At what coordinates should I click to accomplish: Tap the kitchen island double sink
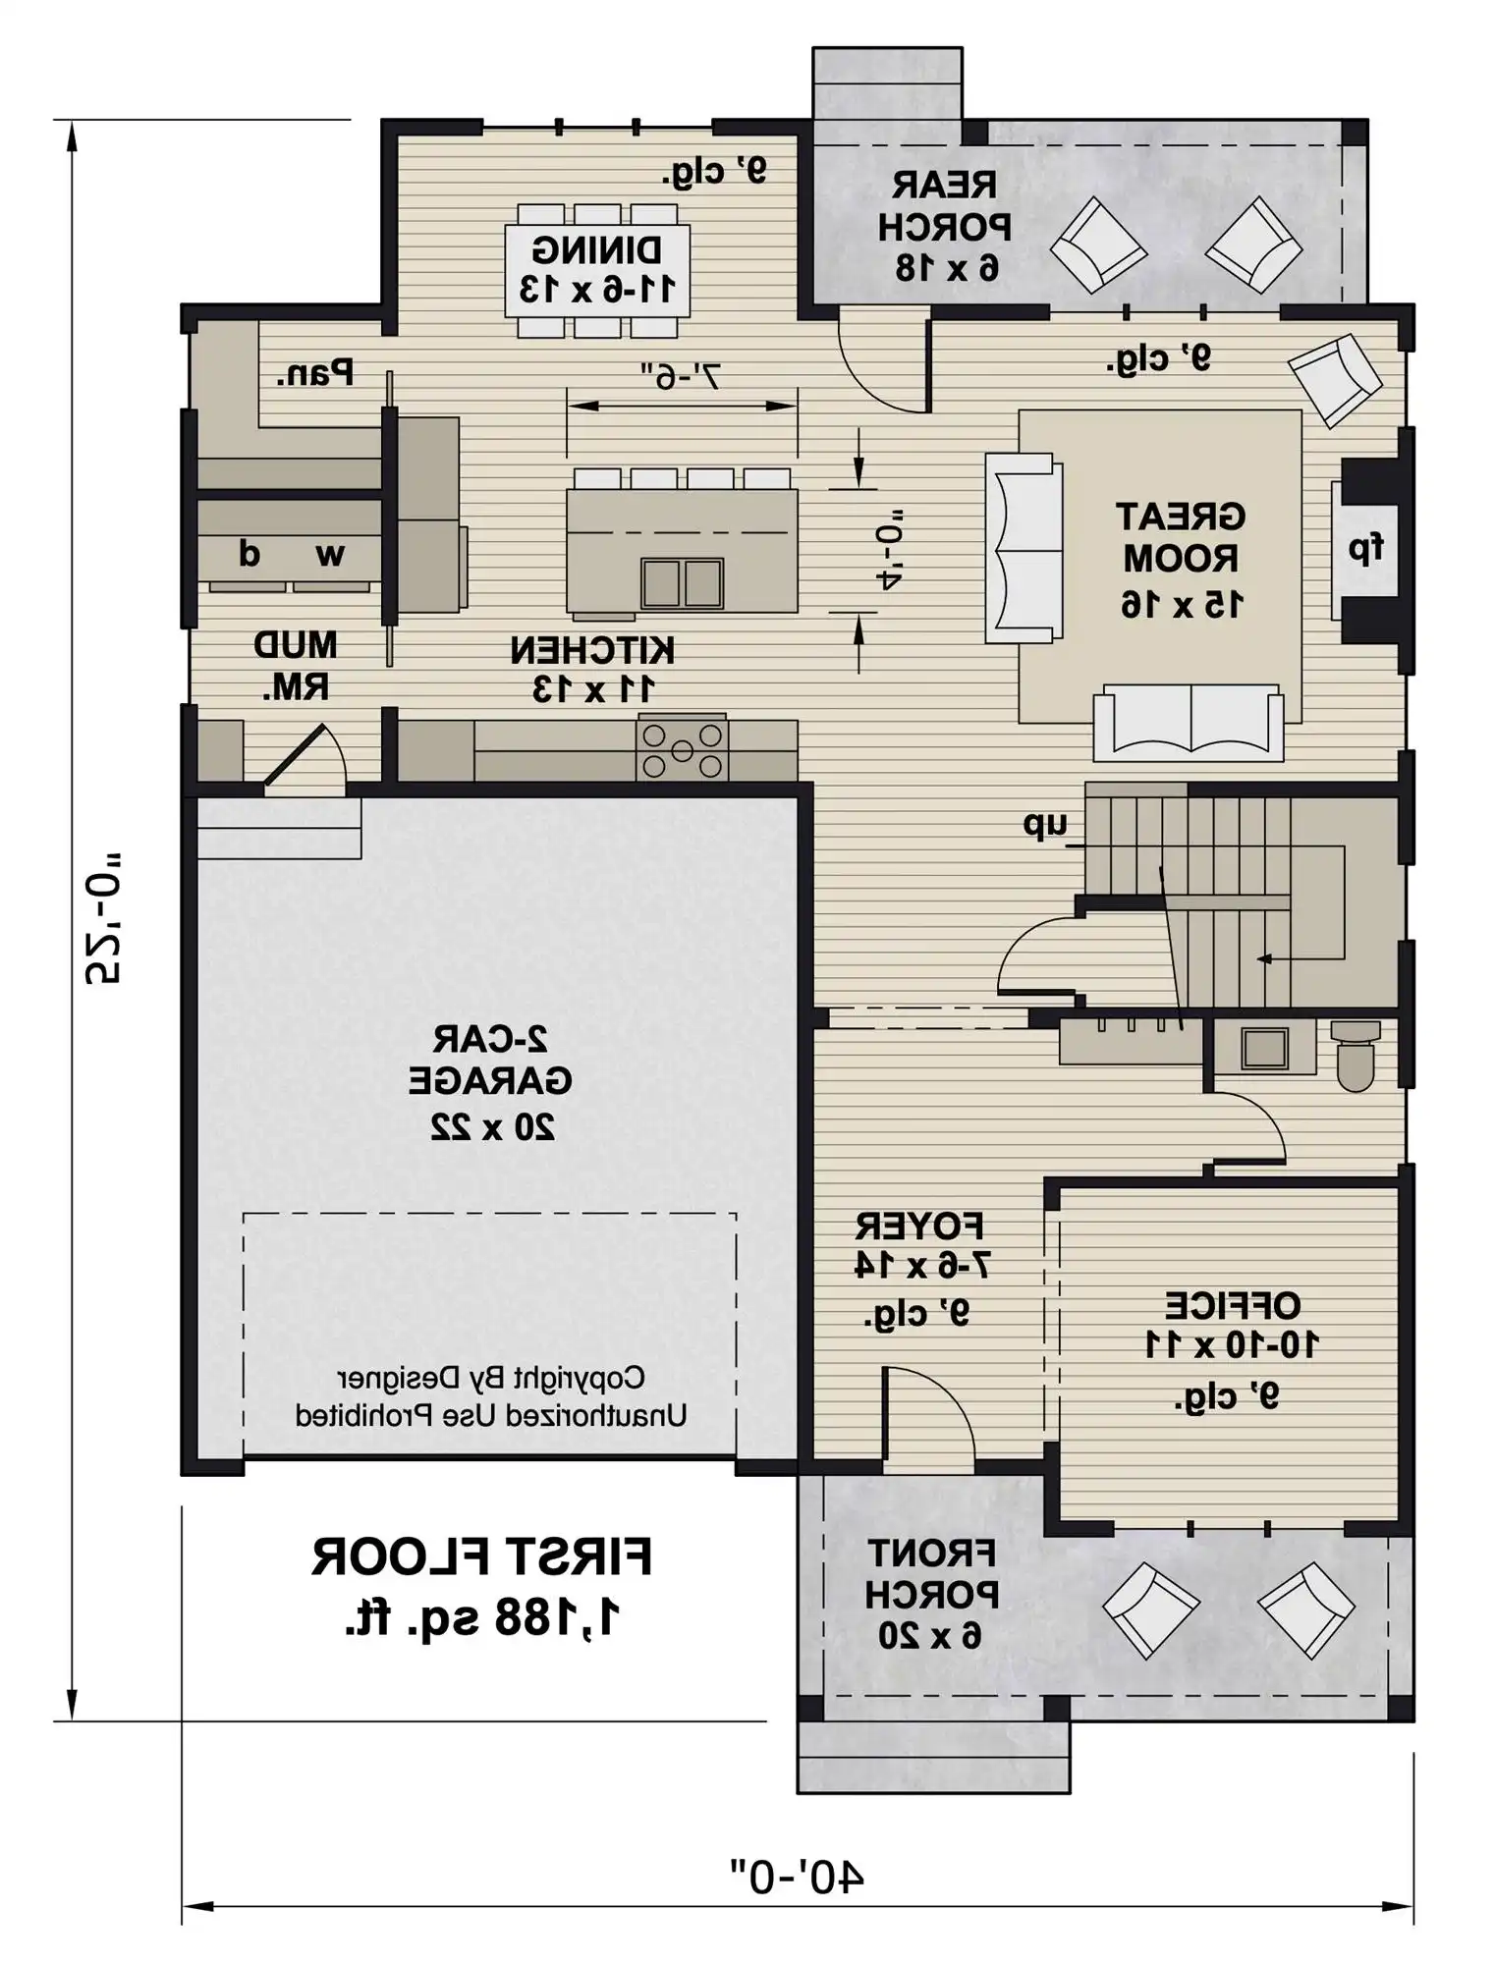[x=682, y=583]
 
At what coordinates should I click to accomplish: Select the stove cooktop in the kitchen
[x=682, y=749]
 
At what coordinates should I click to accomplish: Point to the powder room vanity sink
[x=1264, y=1047]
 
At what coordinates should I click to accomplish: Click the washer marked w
[x=330, y=556]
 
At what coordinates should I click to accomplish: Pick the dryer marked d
[x=249, y=555]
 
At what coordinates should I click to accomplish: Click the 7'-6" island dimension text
[x=681, y=376]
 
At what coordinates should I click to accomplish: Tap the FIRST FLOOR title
[x=481, y=1557]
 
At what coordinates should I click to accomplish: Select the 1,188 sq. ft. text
[x=482, y=1616]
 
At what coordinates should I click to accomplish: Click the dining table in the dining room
[x=597, y=270]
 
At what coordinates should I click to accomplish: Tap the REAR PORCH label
[x=944, y=205]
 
